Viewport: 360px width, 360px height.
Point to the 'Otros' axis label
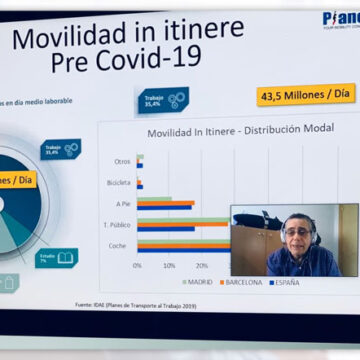coord(122,160)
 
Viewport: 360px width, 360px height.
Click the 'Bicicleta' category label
coord(118,183)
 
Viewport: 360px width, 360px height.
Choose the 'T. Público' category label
coord(119,225)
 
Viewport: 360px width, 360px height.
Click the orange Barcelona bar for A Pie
coord(166,204)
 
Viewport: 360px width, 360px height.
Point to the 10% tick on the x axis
coord(169,265)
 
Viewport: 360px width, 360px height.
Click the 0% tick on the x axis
coord(138,265)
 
